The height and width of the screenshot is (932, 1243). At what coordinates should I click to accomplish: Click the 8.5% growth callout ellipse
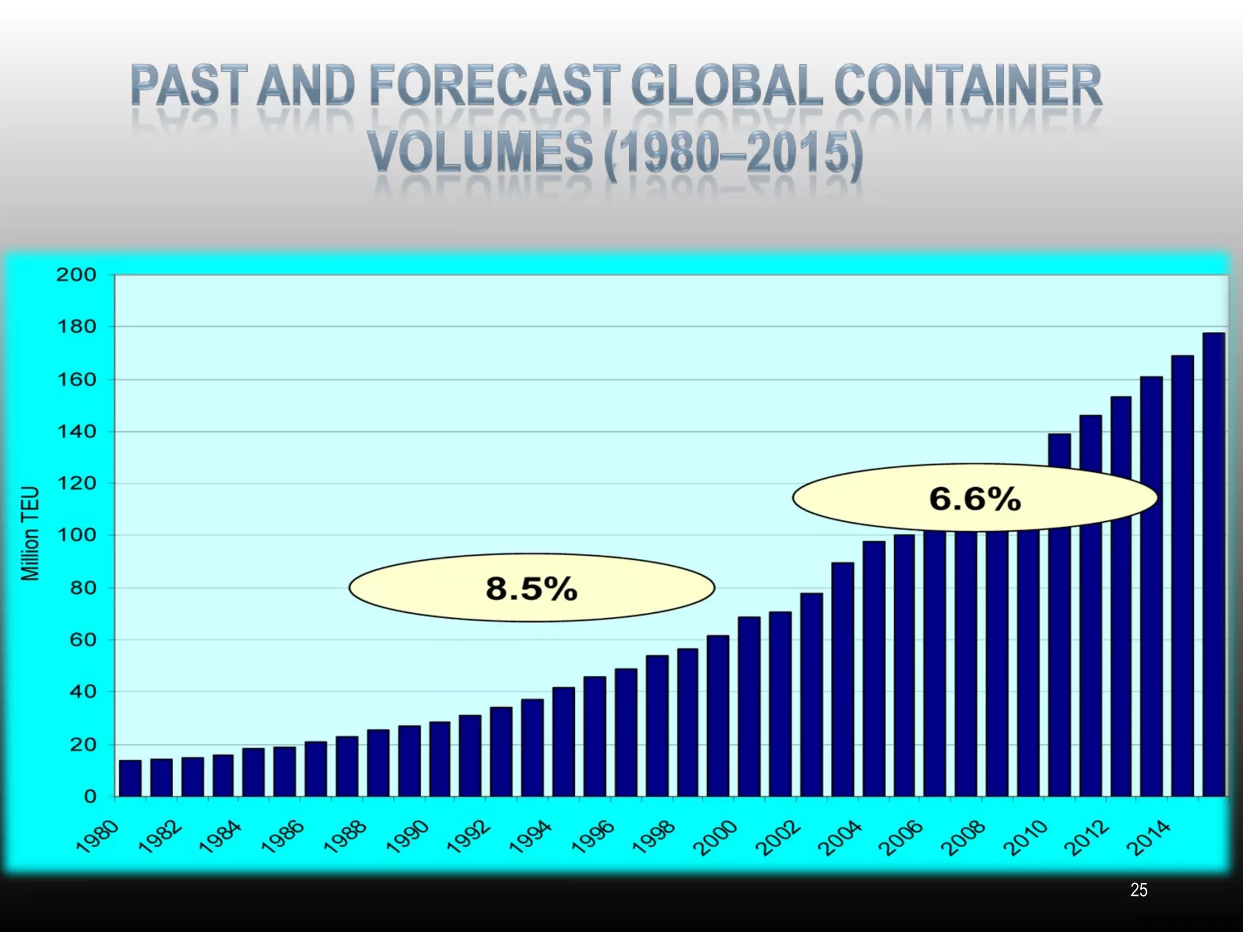pos(532,588)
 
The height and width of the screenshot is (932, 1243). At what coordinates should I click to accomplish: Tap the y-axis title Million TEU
pos(30,533)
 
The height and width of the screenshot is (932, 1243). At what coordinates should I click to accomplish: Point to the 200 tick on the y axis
pos(76,275)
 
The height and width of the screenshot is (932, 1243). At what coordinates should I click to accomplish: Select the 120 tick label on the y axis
pos(76,484)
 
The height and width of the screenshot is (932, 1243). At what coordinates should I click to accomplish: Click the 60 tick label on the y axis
pos(81,640)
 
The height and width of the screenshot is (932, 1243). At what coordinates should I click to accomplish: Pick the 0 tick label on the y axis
pos(89,796)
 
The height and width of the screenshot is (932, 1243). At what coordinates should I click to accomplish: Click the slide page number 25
pos(1139,890)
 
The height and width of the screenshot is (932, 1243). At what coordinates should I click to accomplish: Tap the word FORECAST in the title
pos(495,86)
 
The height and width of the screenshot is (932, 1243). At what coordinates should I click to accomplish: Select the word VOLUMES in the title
pos(479,152)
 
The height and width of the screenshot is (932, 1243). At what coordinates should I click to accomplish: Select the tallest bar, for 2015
pos(1213,564)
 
